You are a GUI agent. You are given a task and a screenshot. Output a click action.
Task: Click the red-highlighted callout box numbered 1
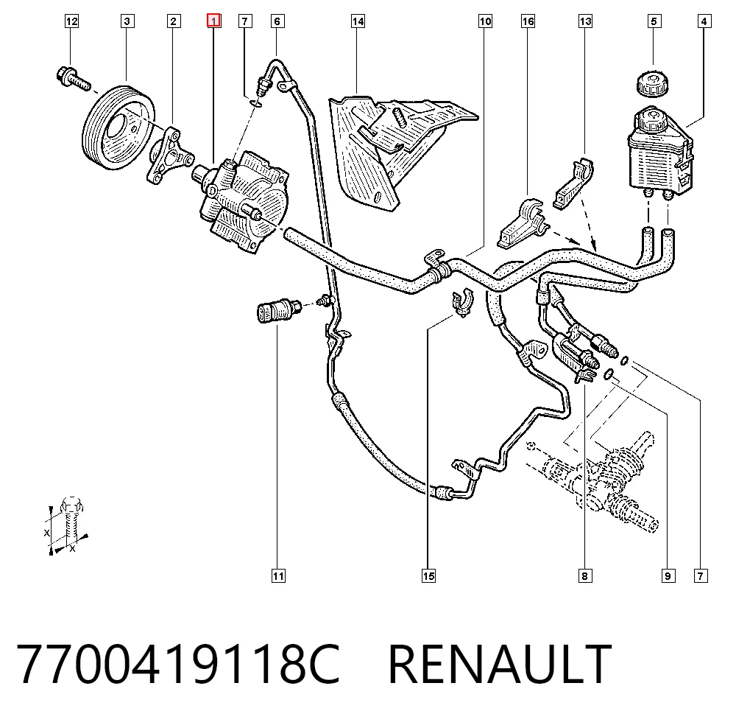coord(214,21)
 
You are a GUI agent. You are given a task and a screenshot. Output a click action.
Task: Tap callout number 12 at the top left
coord(71,21)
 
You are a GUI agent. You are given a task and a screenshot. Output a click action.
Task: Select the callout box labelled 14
coord(358,21)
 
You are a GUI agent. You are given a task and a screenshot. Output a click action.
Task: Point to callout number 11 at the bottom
coord(278,576)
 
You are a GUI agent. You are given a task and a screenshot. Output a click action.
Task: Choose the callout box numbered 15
coord(428,576)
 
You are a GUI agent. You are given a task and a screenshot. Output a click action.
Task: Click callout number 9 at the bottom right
coord(668,576)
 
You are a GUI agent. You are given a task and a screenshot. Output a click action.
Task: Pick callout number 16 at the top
coord(528,21)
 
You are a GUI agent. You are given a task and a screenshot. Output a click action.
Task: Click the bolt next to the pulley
coord(73,79)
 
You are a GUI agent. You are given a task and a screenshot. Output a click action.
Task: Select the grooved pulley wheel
coord(118,127)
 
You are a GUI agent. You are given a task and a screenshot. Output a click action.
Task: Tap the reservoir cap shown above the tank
coord(652,84)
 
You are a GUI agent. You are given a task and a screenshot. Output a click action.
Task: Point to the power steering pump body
coord(241,200)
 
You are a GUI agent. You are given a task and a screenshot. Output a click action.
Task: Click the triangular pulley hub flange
coord(169,155)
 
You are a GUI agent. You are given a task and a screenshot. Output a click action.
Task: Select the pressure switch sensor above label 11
coord(279,309)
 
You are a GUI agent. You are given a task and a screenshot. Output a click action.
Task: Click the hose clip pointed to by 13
coord(573,183)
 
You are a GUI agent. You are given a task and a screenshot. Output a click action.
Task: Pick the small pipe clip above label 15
coord(463,303)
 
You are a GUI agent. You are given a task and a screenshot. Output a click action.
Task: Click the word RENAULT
coord(500,665)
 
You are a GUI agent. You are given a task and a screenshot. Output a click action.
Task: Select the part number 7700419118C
coord(178,665)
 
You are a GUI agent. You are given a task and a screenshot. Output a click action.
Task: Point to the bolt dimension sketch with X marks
coord(68,525)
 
